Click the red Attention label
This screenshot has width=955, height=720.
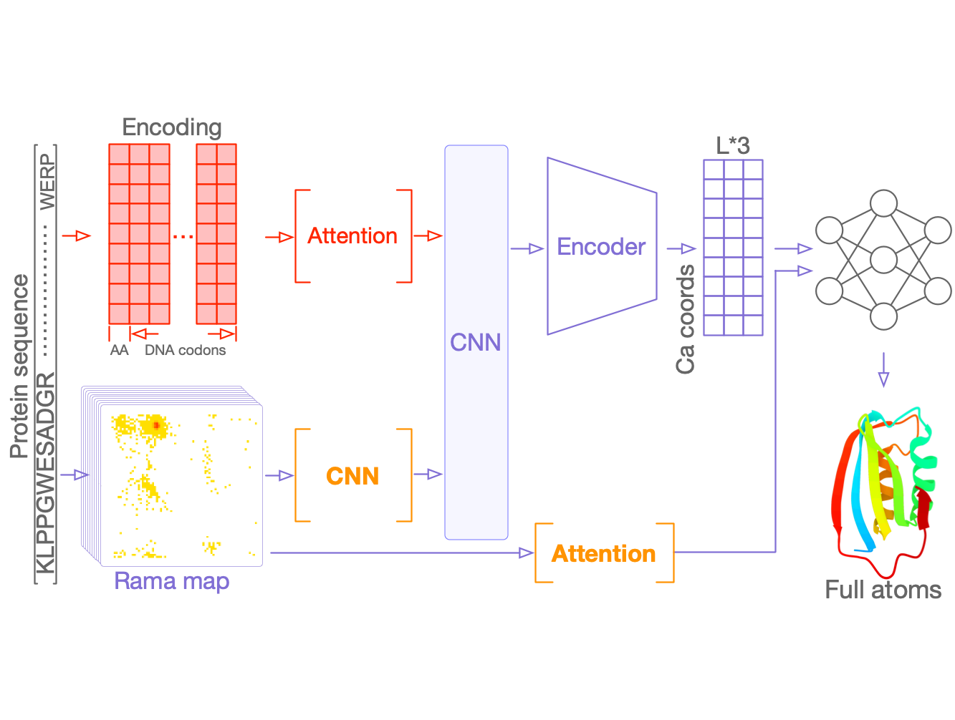point(352,236)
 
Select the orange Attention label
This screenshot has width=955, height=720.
point(603,553)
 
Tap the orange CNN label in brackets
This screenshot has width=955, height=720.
point(352,476)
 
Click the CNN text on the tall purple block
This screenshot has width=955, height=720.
point(475,342)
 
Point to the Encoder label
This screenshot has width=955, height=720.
point(601,247)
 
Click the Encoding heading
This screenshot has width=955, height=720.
point(172,127)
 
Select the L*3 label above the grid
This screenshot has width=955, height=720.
point(733,146)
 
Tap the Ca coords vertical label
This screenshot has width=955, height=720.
point(686,319)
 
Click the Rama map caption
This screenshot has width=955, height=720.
point(172,580)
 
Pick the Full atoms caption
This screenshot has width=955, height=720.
point(883,590)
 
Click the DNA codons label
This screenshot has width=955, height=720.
point(185,350)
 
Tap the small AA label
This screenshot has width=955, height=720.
point(119,350)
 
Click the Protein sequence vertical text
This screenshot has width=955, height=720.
point(19,365)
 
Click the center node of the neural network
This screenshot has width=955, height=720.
point(883,260)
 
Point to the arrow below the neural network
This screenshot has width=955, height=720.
point(883,369)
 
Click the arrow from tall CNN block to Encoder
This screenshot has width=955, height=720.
point(527,248)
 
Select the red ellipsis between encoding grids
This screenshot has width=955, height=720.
point(183,236)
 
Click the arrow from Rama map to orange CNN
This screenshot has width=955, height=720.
point(279,475)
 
